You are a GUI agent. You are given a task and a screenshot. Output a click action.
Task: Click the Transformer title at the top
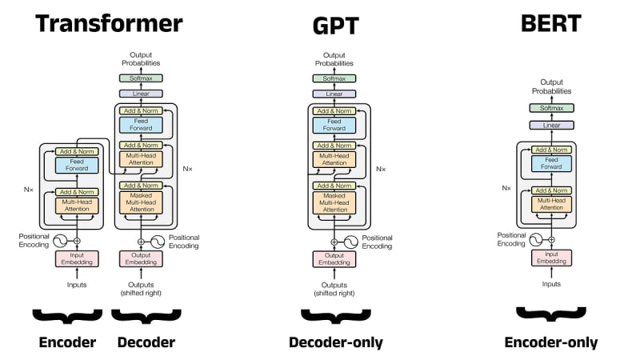(110, 22)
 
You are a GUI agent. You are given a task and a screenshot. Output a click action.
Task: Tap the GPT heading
(335, 27)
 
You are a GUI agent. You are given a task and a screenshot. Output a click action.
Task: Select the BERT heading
(550, 22)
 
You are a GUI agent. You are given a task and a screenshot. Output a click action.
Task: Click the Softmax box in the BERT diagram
(551, 108)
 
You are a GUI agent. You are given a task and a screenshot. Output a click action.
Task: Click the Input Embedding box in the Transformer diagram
(77, 259)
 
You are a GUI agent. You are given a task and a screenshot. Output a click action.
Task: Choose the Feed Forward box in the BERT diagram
(551, 163)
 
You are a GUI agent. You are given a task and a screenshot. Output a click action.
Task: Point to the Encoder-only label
(551, 342)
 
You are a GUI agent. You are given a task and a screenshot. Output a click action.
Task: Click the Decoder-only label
(336, 342)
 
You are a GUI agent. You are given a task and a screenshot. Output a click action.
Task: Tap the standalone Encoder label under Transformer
(67, 342)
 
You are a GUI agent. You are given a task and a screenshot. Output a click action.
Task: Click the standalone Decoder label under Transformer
(146, 342)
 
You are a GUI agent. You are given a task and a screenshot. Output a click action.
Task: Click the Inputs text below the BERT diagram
(551, 283)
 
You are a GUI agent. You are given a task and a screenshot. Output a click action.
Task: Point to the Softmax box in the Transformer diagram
(141, 78)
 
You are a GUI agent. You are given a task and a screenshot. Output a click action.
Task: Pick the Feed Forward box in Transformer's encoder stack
(77, 165)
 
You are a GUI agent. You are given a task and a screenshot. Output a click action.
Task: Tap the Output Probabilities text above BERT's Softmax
(551, 86)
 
